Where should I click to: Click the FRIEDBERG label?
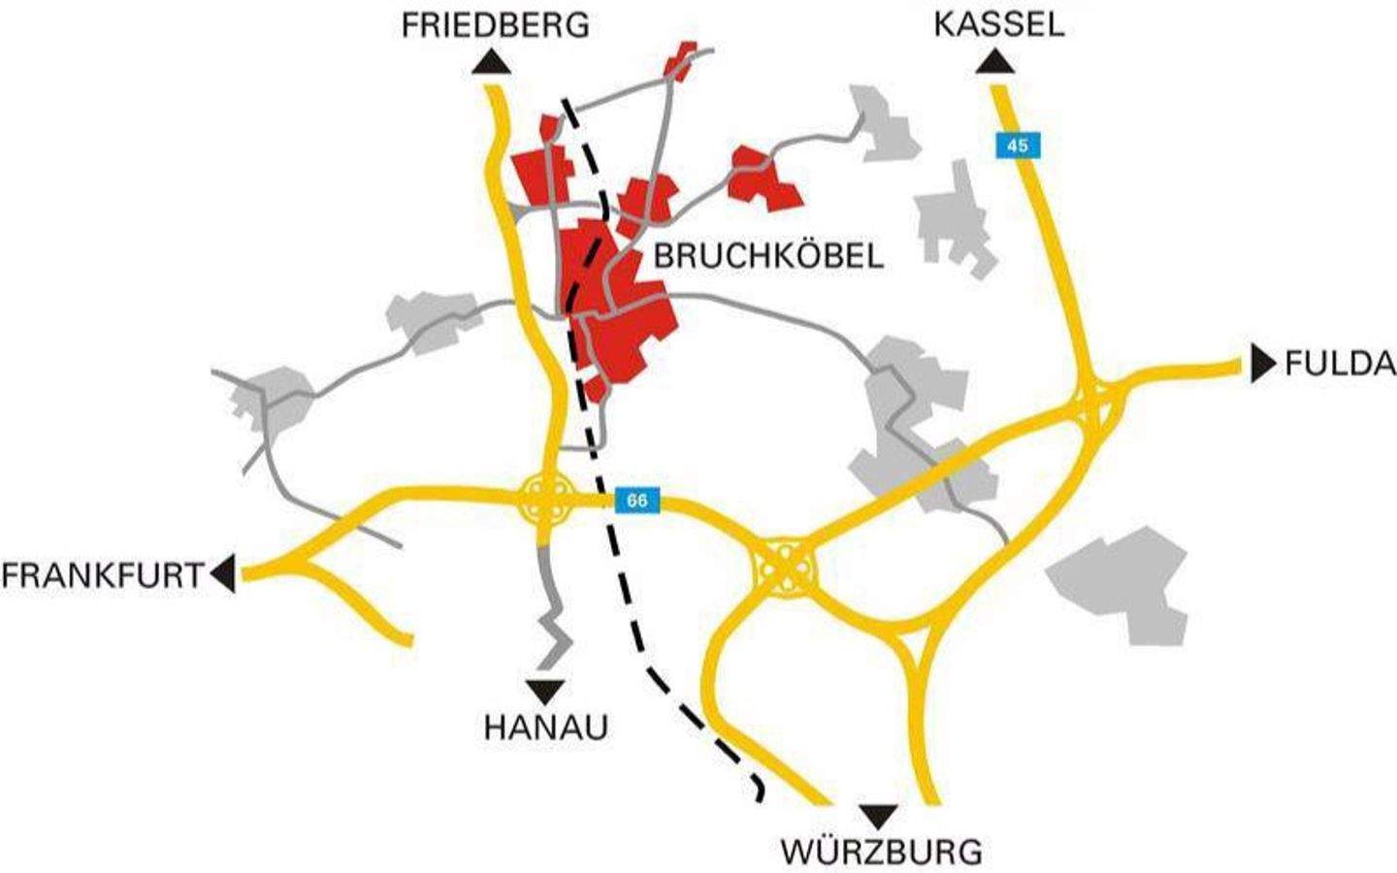[x=495, y=24]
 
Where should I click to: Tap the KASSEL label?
[x=998, y=23]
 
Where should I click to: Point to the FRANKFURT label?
[x=102, y=575]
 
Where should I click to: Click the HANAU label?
[x=545, y=727]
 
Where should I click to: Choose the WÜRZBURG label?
[x=881, y=852]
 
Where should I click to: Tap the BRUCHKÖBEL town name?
[x=768, y=256]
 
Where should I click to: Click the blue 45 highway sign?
[x=1017, y=146]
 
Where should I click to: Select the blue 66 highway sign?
[x=636, y=501]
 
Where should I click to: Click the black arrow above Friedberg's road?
[x=493, y=64]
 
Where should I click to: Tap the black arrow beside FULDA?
[x=1262, y=363]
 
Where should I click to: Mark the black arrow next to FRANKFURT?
[x=223, y=573]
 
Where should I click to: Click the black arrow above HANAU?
[x=545, y=691]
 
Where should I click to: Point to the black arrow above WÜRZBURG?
[x=881, y=815]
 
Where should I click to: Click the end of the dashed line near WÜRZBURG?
[x=759, y=797]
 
